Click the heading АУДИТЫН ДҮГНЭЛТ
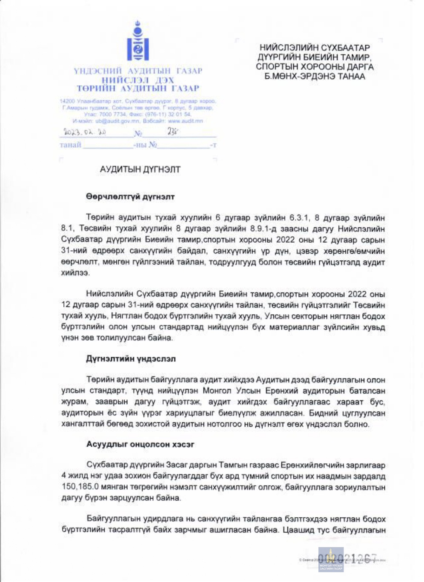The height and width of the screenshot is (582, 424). [x=140, y=169]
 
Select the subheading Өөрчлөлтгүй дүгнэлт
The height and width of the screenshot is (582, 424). [x=130, y=197]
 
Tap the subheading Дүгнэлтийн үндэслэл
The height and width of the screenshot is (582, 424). [x=131, y=358]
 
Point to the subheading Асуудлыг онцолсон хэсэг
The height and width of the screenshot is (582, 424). [x=140, y=444]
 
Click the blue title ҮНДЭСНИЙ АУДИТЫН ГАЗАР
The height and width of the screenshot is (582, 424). [x=138, y=71]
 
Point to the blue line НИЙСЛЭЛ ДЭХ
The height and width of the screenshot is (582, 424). [x=138, y=80]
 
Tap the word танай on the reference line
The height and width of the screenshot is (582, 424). [x=70, y=145]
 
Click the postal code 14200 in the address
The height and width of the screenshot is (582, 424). [x=67, y=101]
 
